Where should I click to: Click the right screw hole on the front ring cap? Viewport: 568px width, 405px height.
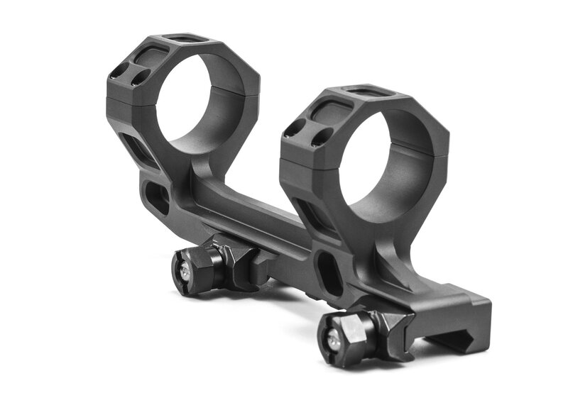tap(324, 138)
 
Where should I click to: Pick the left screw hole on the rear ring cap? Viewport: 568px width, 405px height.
tap(117, 70)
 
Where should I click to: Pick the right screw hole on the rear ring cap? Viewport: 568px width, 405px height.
tap(141, 76)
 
